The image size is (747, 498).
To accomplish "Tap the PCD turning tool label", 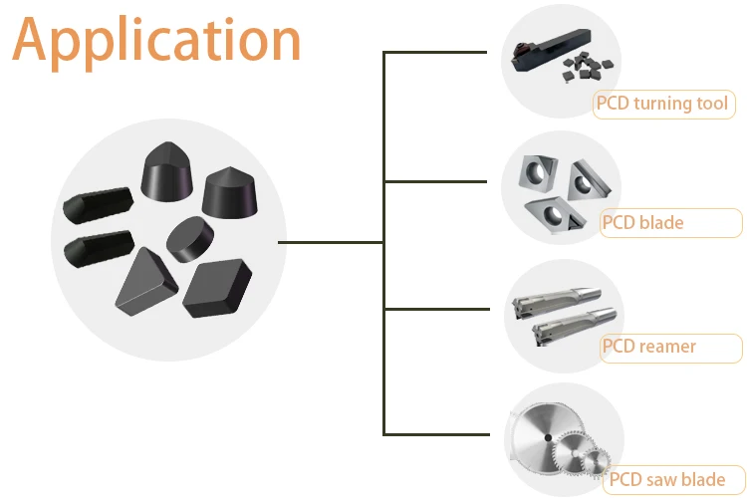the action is tap(662, 104).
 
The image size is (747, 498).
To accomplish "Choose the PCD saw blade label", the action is tap(674, 479).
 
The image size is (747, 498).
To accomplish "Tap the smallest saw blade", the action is tap(596, 462).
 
